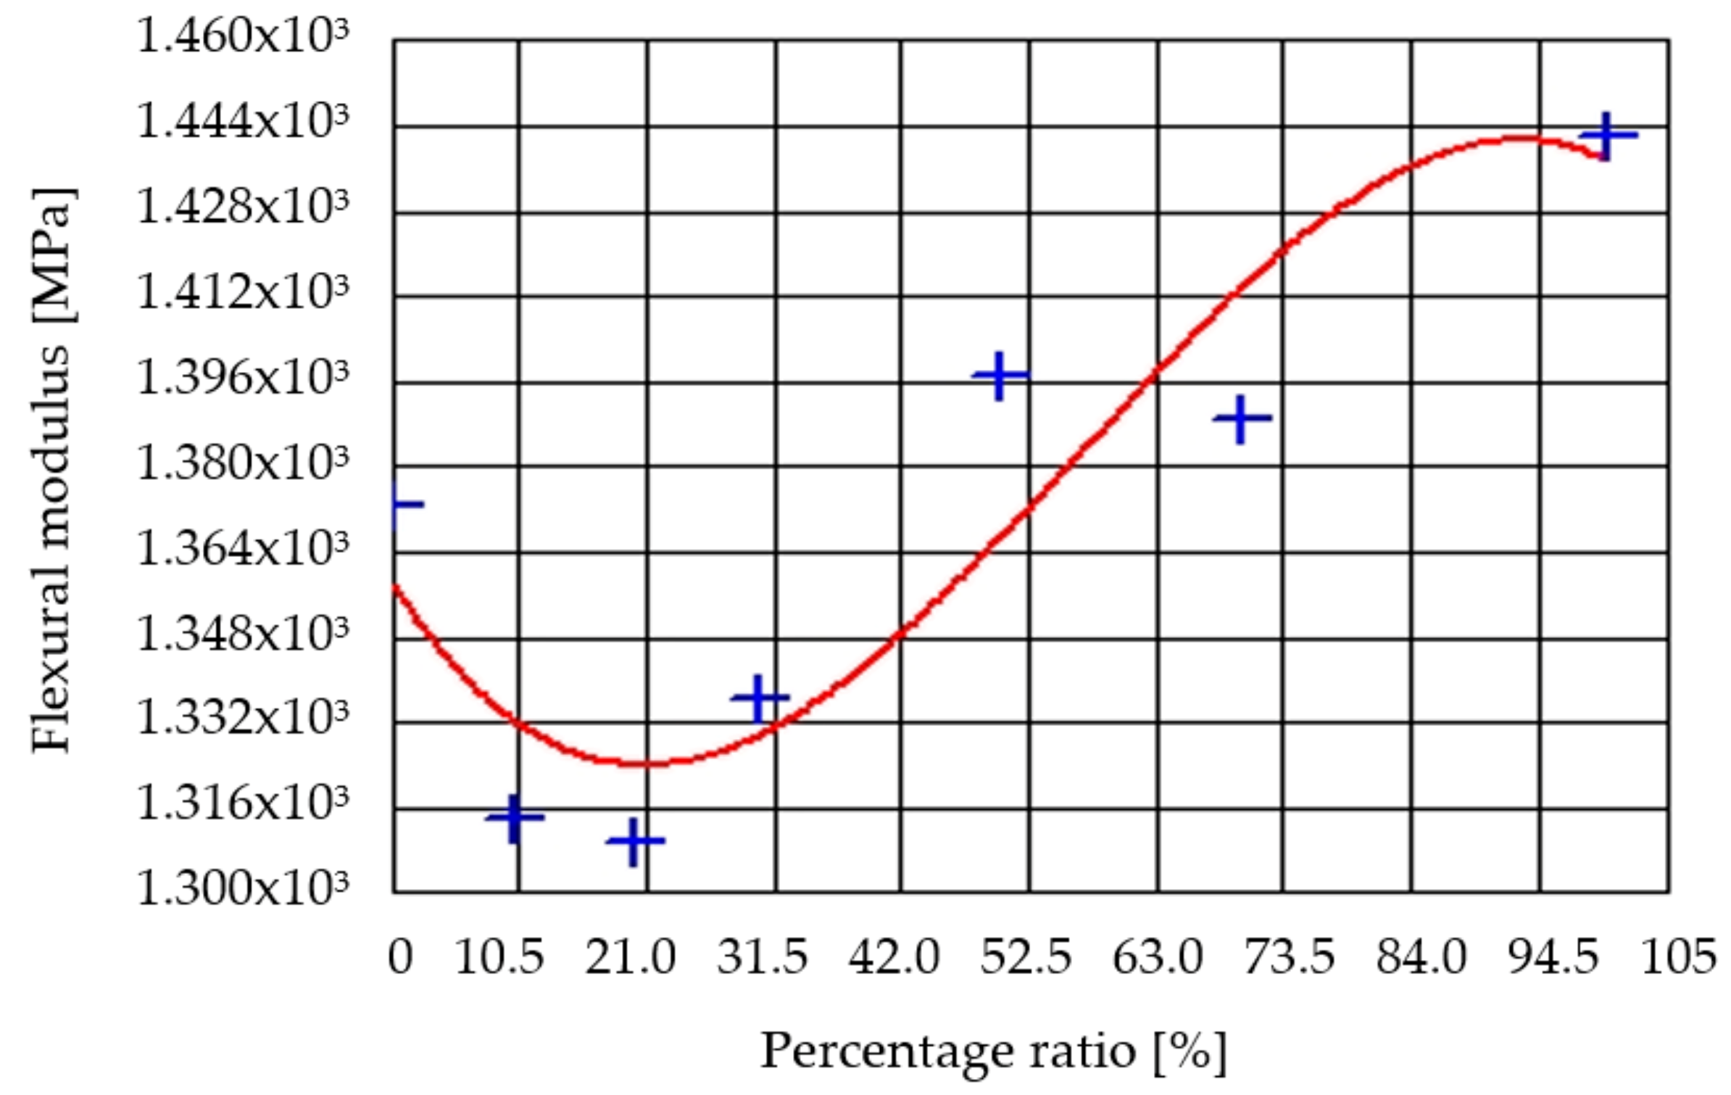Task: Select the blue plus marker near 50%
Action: pyautogui.click(x=1000, y=375)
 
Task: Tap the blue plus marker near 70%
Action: pyautogui.click(x=1242, y=418)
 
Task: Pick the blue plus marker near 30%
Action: pyautogui.click(x=759, y=698)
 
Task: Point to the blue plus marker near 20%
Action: pyautogui.click(x=635, y=840)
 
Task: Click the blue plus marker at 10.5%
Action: pyautogui.click(x=515, y=817)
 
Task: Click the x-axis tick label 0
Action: pyautogui.click(x=400, y=957)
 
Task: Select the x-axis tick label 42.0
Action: pyautogui.click(x=894, y=957)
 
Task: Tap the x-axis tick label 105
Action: pyautogui.click(x=1678, y=957)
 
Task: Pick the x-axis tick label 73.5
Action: pyautogui.click(x=1289, y=957)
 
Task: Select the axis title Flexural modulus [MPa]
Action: pyautogui.click(x=52, y=471)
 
